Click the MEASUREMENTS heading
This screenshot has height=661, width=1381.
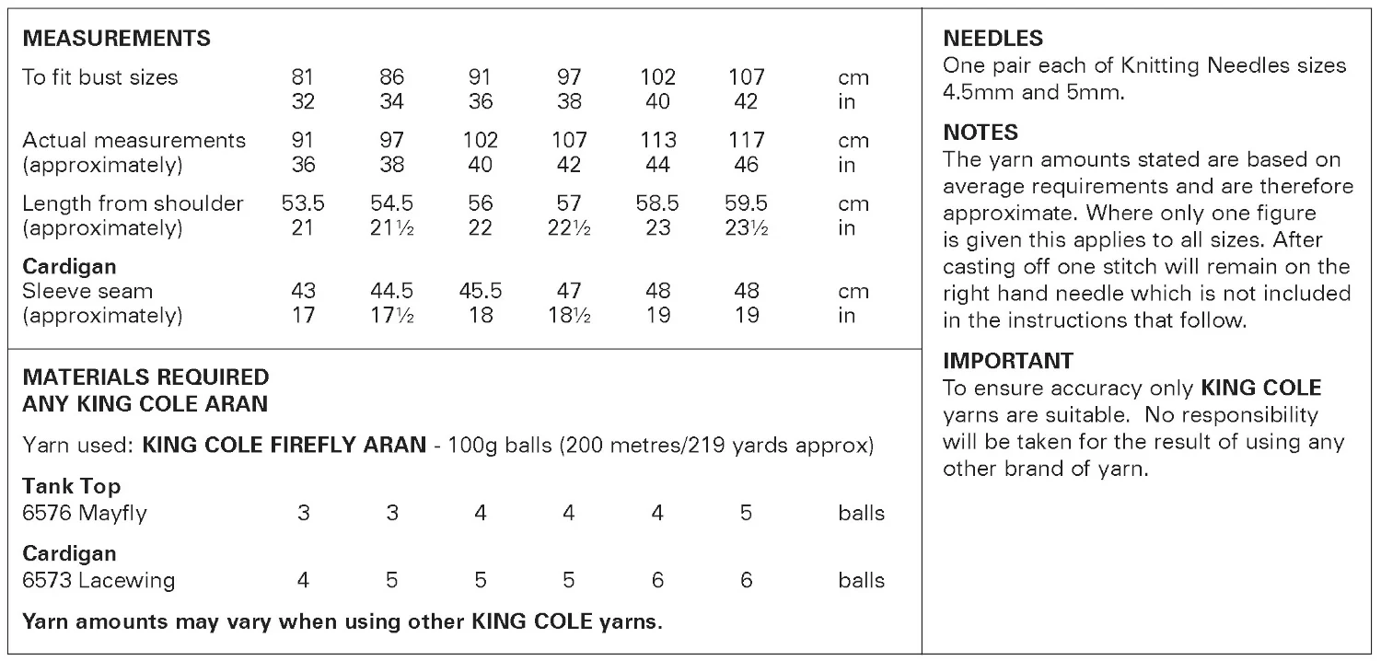116,39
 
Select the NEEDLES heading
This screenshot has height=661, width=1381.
993,39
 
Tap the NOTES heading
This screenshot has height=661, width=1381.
981,133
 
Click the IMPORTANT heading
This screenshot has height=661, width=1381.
1008,360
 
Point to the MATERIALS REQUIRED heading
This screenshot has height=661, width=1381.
145,377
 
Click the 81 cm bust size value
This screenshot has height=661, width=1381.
303,77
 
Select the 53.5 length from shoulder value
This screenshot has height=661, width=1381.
303,203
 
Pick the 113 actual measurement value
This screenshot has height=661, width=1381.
657,141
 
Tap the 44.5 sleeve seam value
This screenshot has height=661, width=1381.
391,292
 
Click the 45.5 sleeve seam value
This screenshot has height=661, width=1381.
480,292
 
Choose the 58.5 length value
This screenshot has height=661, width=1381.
657,203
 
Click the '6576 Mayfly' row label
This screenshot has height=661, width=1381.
84,513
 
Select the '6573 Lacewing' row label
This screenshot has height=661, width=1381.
99,580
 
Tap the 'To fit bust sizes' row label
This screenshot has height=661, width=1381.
99,77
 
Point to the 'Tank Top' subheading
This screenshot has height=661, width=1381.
71,486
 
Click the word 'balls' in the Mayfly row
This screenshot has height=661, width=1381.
861,513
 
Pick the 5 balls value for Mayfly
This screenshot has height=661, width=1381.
746,513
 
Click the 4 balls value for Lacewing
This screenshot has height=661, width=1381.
303,580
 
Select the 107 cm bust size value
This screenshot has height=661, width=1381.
746,77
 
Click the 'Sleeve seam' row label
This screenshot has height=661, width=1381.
87,292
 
